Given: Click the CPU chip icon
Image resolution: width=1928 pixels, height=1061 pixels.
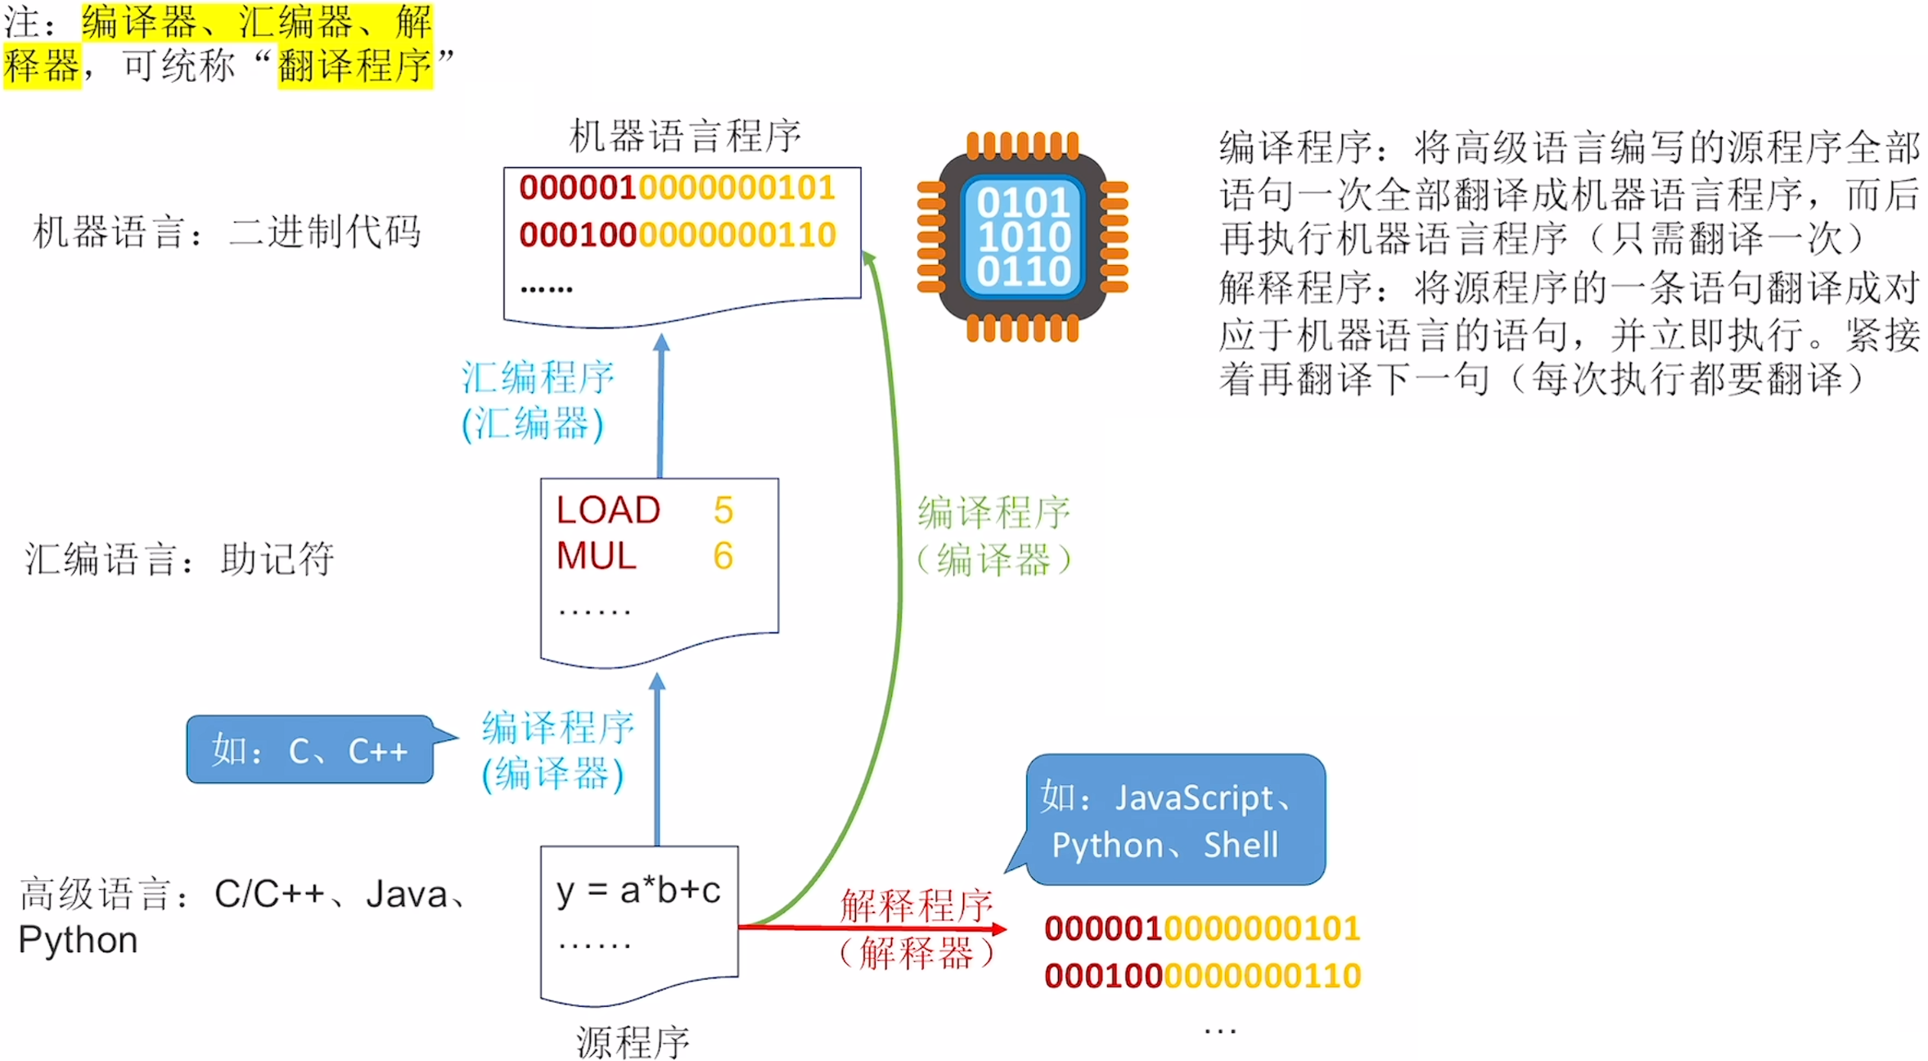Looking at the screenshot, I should (x=1023, y=237).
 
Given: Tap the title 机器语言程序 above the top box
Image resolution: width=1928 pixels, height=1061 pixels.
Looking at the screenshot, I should (x=685, y=136).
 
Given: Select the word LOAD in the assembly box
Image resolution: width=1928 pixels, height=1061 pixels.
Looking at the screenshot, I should (x=608, y=511).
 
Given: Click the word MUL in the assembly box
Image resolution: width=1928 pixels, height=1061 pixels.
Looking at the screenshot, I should (x=597, y=557).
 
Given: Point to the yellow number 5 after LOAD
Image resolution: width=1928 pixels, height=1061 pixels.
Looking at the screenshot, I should (x=723, y=511).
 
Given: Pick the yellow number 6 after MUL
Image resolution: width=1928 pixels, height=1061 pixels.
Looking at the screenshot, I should (x=723, y=557).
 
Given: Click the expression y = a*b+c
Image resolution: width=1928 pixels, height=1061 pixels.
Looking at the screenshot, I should (x=638, y=891).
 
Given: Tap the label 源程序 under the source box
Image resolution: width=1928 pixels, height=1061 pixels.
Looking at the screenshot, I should (x=633, y=1042).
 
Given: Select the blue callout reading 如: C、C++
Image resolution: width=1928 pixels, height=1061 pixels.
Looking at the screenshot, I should (x=310, y=750).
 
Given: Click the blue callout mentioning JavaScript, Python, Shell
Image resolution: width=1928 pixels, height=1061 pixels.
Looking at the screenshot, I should (x=1175, y=820).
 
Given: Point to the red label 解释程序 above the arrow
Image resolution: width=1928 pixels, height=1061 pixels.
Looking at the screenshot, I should (x=917, y=905).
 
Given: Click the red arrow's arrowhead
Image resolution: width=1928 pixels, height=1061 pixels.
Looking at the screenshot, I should (x=999, y=928).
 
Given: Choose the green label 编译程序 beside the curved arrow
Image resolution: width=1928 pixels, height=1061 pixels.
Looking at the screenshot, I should (x=993, y=512).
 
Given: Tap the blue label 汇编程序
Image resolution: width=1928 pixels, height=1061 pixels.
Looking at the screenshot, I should (x=538, y=377).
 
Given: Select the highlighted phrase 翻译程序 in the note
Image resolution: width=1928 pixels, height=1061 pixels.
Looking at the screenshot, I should (x=354, y=65).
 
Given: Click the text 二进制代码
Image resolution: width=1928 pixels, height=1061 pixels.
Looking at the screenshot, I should (x=325, y=232).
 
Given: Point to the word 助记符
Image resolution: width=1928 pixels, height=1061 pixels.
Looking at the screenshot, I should (x=277, y=559).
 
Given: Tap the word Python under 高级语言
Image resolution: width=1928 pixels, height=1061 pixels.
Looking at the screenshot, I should (x=78, y=940).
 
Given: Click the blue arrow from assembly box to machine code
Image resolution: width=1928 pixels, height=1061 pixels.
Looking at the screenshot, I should (x=660, y=409).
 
